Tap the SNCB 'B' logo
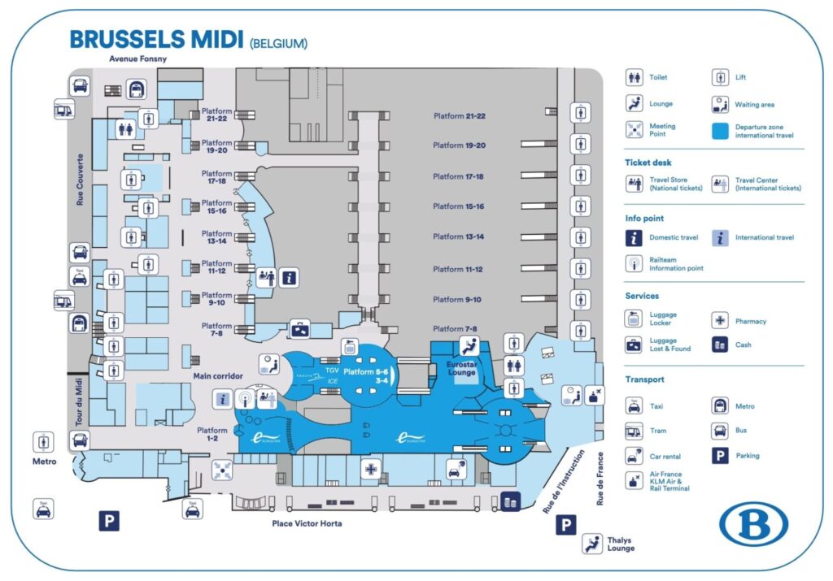click(753, 524)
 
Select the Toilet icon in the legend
click(635, 78)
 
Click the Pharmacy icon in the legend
click(720, 321)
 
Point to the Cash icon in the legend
click(720, 345)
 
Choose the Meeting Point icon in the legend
click(635, 129)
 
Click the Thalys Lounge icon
click(591, 544)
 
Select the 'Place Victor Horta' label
click(307, 524)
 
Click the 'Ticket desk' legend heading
click(648, 163)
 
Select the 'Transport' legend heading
click(644, 379)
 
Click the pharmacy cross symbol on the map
click(371, 469)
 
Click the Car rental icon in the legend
click(635, 455)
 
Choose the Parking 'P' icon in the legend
click(720, 456)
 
